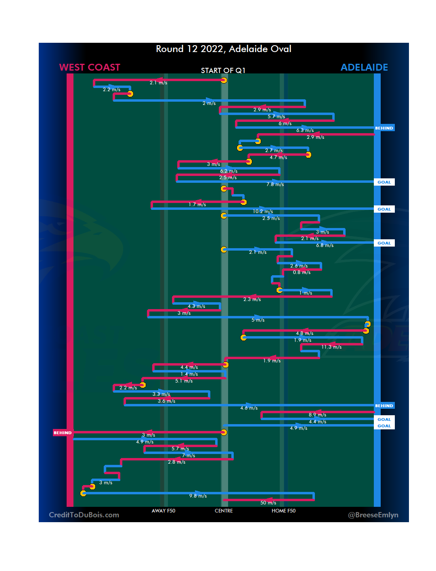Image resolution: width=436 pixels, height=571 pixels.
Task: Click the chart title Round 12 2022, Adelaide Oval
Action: pyautogui.click(x=224, y=49)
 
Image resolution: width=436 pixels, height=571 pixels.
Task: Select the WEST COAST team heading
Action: pyautogui.click(x=90, y=67)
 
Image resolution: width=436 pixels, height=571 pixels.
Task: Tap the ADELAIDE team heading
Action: pyautogui.click(x=364, y=67)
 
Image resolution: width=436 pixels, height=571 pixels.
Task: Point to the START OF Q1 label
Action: pyautogui.click(x=223, y=71)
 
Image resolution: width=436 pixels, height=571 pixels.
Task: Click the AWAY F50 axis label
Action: pyautogui.click(x=163, y=511)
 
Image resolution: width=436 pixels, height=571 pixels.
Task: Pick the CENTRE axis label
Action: pyautogui.click(x=224, y=511)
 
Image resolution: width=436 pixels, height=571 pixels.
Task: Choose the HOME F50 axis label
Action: pyautogui.click(x=283, y=511)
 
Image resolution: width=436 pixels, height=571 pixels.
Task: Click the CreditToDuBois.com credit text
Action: pyautogui.click(x=84, y=515)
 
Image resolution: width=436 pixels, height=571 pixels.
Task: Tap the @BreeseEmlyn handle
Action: pyautogui.click(x=373, y=515)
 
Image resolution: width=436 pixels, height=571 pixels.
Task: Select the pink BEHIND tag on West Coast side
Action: pyautogui.click(x=63, y=433)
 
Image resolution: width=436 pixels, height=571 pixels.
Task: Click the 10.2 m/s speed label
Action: pyautogui.click(x=263, y=211)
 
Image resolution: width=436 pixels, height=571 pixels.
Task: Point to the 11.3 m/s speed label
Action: pyautogui.click(x=331, y=347)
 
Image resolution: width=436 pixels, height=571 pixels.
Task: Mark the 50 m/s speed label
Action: pyautogui.click(x=268, y=503)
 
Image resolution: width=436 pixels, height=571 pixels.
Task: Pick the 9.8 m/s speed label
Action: pyautogui.click(x=198, y=496)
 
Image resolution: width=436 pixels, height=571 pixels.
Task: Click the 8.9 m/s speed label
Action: pyautogui.click(x=317, y=415)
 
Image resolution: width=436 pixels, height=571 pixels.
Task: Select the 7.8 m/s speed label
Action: pyautogui.click(x=275, y=184)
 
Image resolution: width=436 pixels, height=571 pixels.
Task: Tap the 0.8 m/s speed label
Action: pyautogui.click(x=302, y=272)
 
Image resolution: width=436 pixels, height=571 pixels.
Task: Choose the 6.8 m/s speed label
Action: pyautogui.click(x=325, y=245)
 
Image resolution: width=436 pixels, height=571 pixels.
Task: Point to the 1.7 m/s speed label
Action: pyautogui.click(x=197, y=205)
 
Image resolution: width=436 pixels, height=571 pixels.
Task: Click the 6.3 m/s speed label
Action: pyautogui.click(x=305, y=130)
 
